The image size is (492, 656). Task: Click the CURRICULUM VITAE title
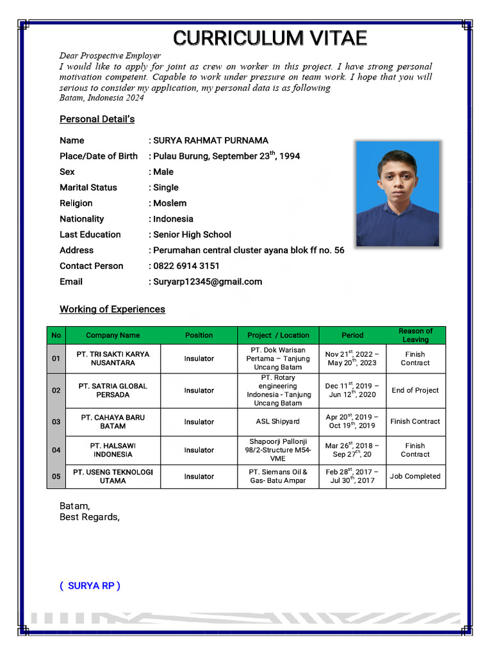point(270,38)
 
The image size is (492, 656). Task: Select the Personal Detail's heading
point(97,119)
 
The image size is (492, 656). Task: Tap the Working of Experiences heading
point(112,309)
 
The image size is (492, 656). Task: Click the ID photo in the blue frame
point(397,193)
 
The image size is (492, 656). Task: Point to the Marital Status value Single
point(166,188)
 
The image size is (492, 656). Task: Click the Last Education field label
point(90,234)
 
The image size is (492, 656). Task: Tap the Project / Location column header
point(278,335)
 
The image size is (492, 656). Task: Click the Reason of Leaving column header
point(415,335)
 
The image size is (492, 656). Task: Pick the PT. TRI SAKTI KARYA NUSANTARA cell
point(113,358)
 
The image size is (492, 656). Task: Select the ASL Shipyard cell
point(278,422)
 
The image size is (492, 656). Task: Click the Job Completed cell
point(415,476)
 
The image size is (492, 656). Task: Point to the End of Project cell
point(415,390)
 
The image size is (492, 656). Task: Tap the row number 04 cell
point(56,450)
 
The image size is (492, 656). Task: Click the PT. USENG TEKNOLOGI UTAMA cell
point(113,476)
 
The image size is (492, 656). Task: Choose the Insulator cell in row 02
point(199,390)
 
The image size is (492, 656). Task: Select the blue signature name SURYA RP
point(90,586)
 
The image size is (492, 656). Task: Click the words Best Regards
point(89,517)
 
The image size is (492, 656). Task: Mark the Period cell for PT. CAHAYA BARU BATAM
point(352,422)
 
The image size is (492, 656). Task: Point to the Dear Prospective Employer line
point(110,56)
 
